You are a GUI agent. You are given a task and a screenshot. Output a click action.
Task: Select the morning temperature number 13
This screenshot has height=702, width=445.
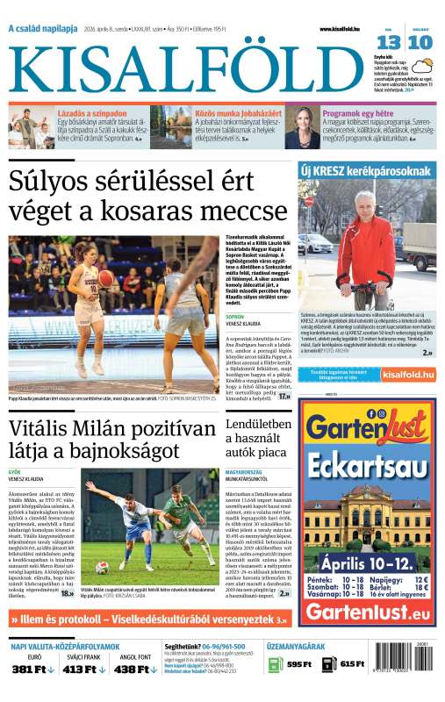click(389, 42)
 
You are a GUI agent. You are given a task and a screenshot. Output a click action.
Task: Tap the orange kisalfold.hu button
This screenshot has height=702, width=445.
click(408, 375)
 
